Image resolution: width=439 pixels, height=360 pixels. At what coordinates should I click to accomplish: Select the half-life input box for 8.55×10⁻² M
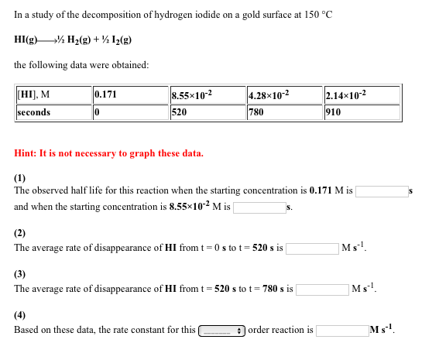point(259,207)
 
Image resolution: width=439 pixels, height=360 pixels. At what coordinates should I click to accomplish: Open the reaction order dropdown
point(222,331)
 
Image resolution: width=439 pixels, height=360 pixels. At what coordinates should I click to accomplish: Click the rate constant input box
point(341,331)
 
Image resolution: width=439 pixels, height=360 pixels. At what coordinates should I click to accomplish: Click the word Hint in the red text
point(26,153)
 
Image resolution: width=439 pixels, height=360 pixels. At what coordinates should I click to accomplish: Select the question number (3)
point(20,273)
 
